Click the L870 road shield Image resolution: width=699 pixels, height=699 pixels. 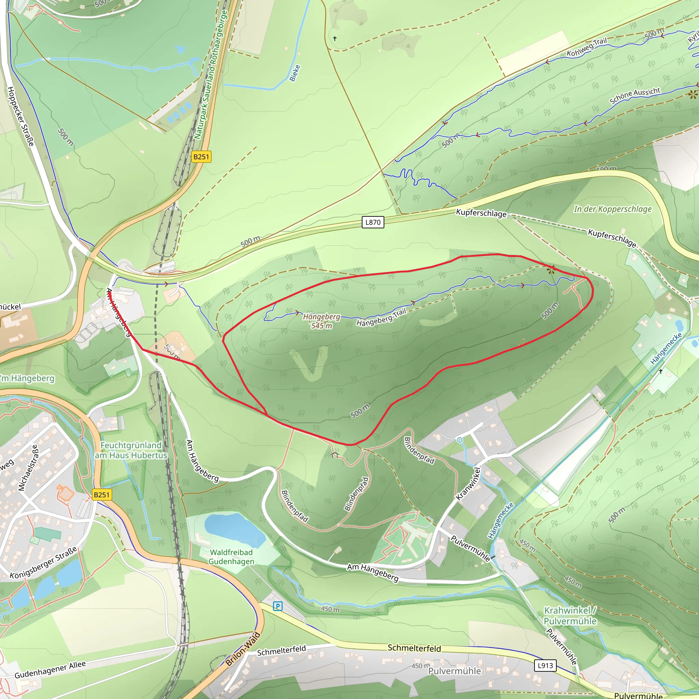pyautogui.click(x=373, y=222)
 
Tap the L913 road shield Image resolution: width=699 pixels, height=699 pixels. pyautogui.click(x=545, y=665)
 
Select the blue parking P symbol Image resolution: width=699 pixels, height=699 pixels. pyautogui.click(x=277, y=606)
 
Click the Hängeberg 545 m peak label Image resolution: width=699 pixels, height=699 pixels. pyautogui.click(x=322, y=321)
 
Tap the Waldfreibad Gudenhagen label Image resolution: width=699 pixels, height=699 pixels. pyautogui.click(x=231, y=557)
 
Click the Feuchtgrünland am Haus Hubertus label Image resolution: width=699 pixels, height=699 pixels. pyautogui.click(x=131, y=450)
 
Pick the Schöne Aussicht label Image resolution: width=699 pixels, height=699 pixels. pyautogui.click(x=635, y=96)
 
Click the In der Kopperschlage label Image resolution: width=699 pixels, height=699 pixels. pyautogui.click(x=613, y=209)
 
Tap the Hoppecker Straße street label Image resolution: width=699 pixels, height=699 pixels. pyautogui.click(x=21, y=116)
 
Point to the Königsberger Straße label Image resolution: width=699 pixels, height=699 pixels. pyautogui.click(x=43, y=562)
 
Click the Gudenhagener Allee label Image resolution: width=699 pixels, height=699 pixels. pyautogui.click(x=50, y=669)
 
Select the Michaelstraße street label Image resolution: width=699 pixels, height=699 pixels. pyautogui.click(x=28, y=468)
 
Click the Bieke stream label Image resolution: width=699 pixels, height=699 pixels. pyautogui.click(x=295, y=73)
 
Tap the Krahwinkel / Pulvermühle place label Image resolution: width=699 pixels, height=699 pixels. pyautogui.click(x=570, y=616)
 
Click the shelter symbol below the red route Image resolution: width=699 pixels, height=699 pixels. pyautogui.click(x=334, y=453)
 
